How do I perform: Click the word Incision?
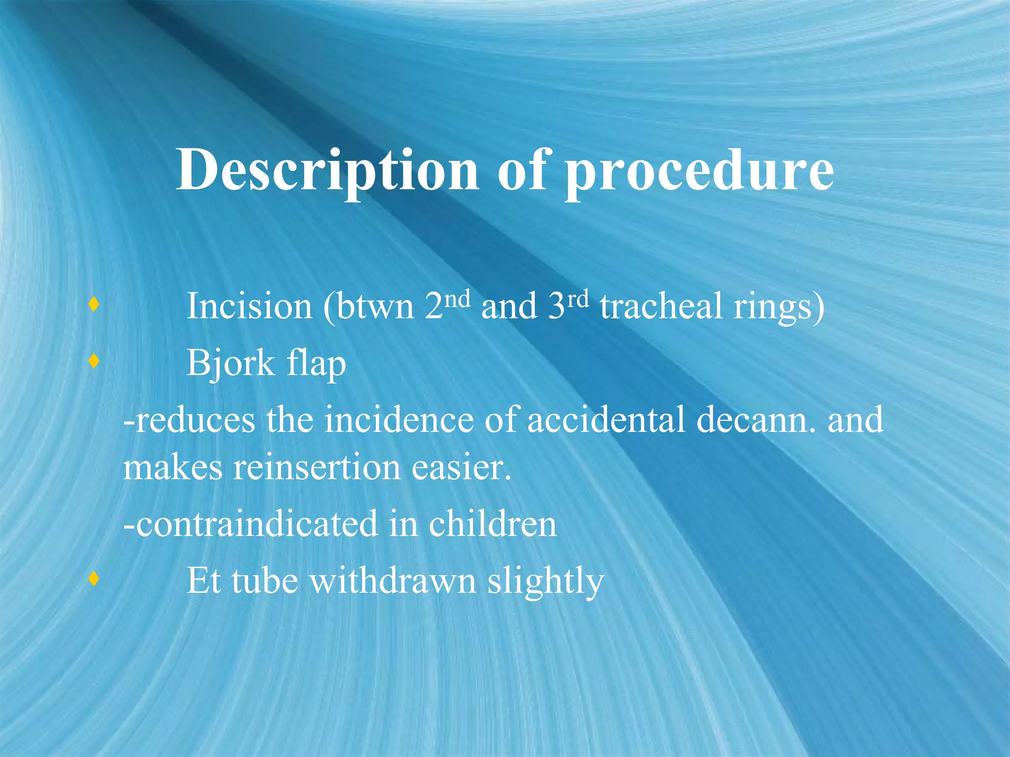pyautogui.click(x=249, y=306)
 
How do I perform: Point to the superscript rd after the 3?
pyautogui.click(x=577, y=299)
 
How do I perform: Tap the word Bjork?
pyautogui.click(x=230, y=364)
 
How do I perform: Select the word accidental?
pyautogui.click(x=606, y=420)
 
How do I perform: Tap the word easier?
pyautogui.click(x=461, y=467)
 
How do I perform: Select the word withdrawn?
pyautogui.click(x=393, y=581)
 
